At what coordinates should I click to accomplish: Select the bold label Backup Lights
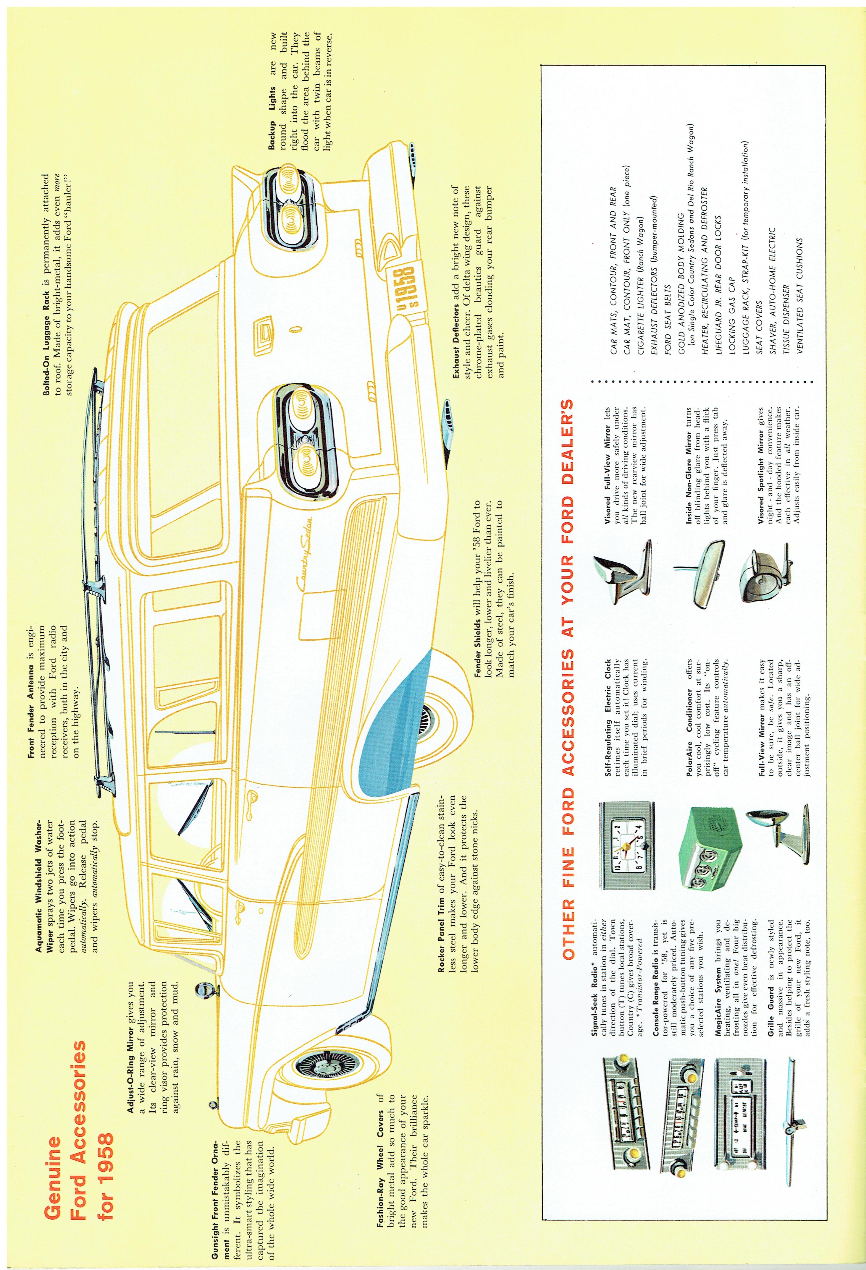point(272,117)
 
